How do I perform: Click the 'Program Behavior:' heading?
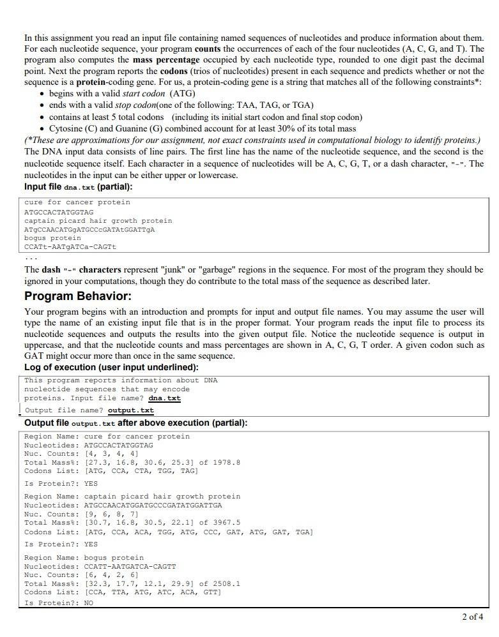[x=77, y=296]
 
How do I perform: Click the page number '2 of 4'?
[x=472, y=617]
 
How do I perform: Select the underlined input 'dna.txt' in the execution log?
[x=164, y=398]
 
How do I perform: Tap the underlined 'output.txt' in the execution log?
[x=130, y=410]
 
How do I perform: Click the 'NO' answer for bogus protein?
[x=89, y=603]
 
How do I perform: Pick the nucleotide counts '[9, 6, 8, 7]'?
[x=111, y=514]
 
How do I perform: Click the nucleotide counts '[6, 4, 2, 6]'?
[x=111, y=575]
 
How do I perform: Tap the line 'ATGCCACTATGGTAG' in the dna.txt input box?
[x=59, y=212]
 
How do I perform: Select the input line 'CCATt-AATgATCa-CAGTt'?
[x=70, y=246]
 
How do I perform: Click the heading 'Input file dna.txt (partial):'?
[x=79, y=187]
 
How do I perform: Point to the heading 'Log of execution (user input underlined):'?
[x=111, y=367]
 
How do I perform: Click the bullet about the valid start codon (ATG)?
[x=122, y=93]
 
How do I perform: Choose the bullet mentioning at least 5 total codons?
[x=205, y=117]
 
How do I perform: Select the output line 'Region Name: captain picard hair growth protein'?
[x=132, y=497]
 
